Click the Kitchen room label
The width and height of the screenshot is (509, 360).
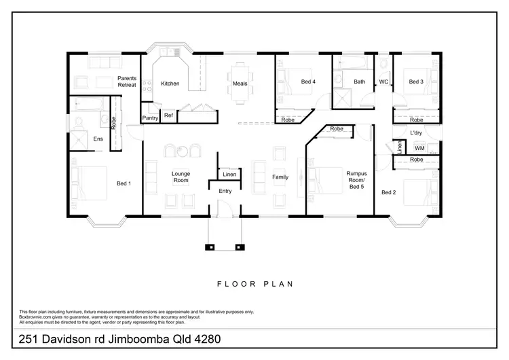tap(170, 84)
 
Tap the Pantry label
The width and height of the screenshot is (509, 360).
tap(150, 118)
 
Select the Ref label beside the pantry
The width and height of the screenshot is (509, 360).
tap(168, 115)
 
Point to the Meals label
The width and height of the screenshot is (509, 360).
tap(240, 84)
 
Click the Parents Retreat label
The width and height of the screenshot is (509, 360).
tap(128, 82)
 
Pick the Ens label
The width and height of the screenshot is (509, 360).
tap(98, 139)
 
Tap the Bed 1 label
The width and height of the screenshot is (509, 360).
tap(124, 183)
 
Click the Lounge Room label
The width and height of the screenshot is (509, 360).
tap(180, 177)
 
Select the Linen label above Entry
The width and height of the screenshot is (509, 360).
tap(229, 175)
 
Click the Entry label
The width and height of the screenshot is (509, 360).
tap(225, 191)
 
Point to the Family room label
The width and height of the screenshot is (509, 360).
tap(280, 177)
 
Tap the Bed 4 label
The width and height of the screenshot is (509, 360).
tap(308, 82)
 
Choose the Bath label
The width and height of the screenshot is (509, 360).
tap(360, 82)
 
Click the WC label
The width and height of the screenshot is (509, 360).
tap(383, 82)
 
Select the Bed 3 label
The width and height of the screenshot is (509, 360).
tap(416, 82)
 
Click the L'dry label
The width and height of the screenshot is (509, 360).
tap(417, 133)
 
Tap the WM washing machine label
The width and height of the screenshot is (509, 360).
tap(419, 147)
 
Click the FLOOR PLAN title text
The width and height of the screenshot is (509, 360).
tap(254, 284)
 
